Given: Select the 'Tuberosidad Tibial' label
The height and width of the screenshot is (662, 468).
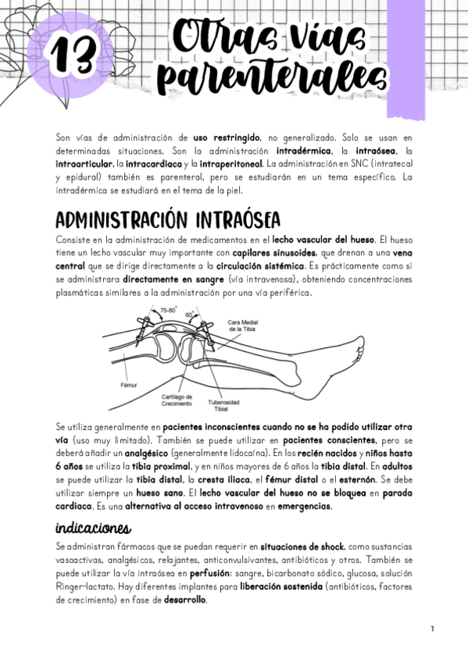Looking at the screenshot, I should pyautogui.click(x=223, y=406).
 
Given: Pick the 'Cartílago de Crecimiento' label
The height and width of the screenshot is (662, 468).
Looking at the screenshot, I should pyautogui.click(x=177, y=400).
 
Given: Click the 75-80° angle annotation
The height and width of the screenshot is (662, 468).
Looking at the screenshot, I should pyautogui.click(x=167, y=311).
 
